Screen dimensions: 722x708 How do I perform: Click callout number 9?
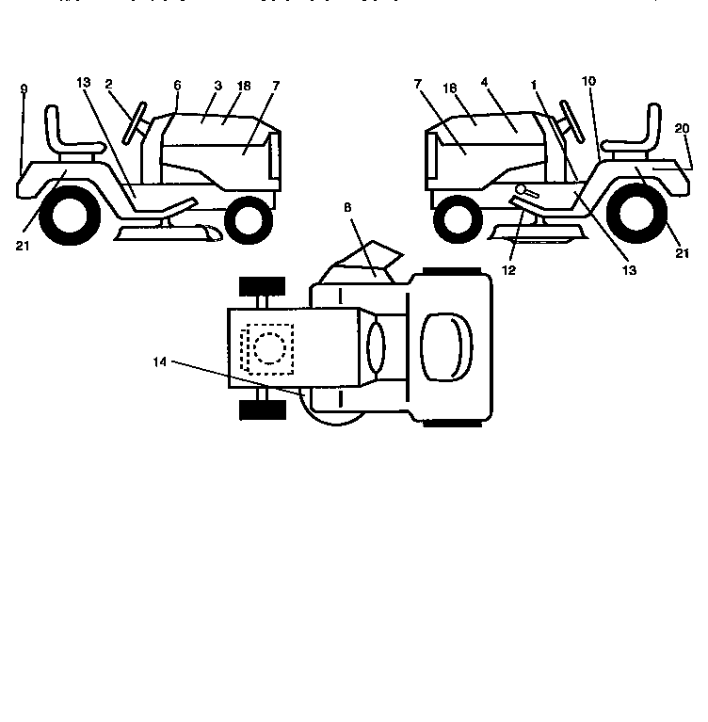pos(24,89)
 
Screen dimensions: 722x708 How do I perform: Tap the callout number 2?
pos(109,84)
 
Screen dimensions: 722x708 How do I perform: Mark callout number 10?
pos(588,82)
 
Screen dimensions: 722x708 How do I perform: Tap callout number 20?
pos(682,128)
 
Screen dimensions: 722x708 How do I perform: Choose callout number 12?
pos(509,270)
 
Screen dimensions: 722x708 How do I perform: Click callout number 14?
pos(159,361)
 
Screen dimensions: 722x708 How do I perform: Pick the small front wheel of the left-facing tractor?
pos(458,221)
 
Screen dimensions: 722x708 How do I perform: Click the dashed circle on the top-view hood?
pos(268,348)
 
